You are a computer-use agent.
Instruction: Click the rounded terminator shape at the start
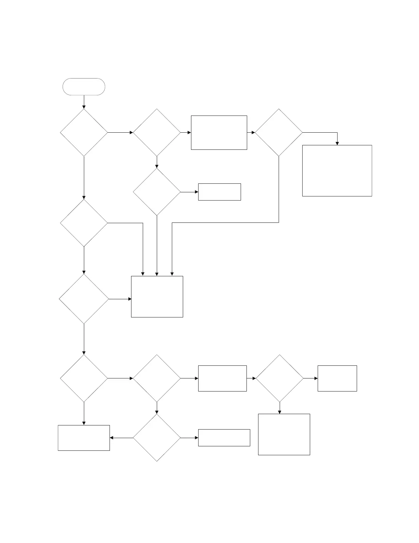84,86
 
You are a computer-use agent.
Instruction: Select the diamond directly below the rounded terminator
84,133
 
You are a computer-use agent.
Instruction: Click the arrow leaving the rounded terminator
84,102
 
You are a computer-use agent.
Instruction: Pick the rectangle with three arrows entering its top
157,297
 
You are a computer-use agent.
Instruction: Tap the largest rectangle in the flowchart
337,170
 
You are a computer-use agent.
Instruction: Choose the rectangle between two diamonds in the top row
219,133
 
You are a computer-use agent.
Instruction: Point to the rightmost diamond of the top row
279,133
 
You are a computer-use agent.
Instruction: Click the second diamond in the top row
157,133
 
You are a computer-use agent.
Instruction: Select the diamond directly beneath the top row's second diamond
157,192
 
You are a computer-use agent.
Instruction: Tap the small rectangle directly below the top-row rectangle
219,192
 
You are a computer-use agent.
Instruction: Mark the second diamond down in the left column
84,223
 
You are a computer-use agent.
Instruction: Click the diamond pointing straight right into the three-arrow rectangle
84,299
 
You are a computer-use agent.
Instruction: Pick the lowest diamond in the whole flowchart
157,438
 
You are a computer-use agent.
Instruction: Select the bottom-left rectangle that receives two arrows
84,438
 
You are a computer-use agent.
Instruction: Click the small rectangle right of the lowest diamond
224,438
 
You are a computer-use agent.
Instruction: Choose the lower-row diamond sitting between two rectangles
280,378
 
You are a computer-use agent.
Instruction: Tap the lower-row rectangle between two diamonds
223,378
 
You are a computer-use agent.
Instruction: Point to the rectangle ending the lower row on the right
337,378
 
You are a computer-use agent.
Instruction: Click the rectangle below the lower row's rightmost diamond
284,434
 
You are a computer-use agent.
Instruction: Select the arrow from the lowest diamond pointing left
122,438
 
